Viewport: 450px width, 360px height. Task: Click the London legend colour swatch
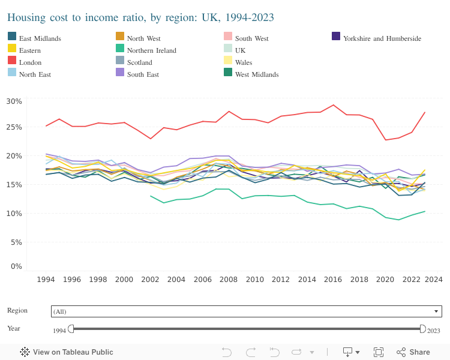point(11,62)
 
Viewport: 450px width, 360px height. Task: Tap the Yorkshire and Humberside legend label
point(382,38)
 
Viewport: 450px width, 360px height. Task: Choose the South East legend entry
point(143,74)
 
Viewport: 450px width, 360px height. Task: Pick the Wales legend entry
point(244,62)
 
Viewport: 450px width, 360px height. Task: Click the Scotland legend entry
point(139,62)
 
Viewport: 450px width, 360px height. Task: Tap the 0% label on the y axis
point(16,266)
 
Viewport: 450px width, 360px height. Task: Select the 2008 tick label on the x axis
point(229,280)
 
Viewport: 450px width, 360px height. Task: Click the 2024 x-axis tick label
point(434,280)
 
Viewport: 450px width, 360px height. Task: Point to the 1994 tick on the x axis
point(46,280)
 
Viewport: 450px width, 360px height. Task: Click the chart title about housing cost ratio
point(140,17)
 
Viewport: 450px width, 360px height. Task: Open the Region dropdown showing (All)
point(246,311)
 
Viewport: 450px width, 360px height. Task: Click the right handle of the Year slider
point(422,329)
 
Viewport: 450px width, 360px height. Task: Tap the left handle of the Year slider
point(71,329)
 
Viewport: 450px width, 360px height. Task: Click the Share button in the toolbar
point(413,352)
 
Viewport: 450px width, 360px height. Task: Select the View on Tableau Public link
point(67,352)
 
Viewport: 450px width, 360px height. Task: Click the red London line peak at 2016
point(334,105)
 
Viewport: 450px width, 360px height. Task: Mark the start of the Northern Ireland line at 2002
point(151,196)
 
